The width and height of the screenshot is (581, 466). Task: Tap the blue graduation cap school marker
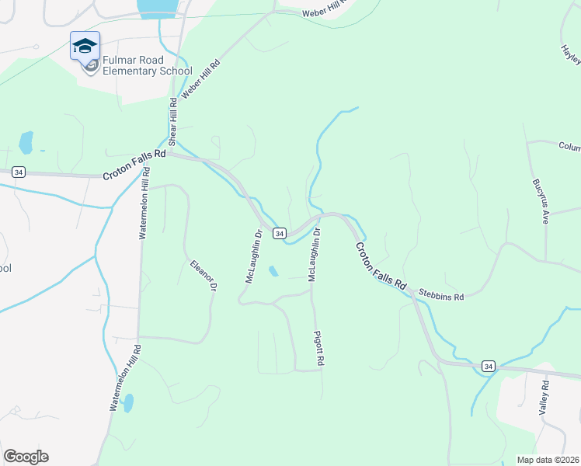84,46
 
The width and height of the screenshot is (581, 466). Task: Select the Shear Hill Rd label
173,117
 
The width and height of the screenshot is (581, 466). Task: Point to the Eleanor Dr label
202,275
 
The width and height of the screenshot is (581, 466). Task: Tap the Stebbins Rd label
440,296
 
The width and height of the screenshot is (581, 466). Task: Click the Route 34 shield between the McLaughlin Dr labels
280,233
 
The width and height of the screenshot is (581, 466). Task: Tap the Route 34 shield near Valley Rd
488,365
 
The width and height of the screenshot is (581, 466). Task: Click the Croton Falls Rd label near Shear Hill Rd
134,165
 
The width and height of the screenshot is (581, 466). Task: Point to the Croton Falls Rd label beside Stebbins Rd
381,266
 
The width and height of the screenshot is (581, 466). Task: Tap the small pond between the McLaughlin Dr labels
273,271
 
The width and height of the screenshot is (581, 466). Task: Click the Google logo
26,457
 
